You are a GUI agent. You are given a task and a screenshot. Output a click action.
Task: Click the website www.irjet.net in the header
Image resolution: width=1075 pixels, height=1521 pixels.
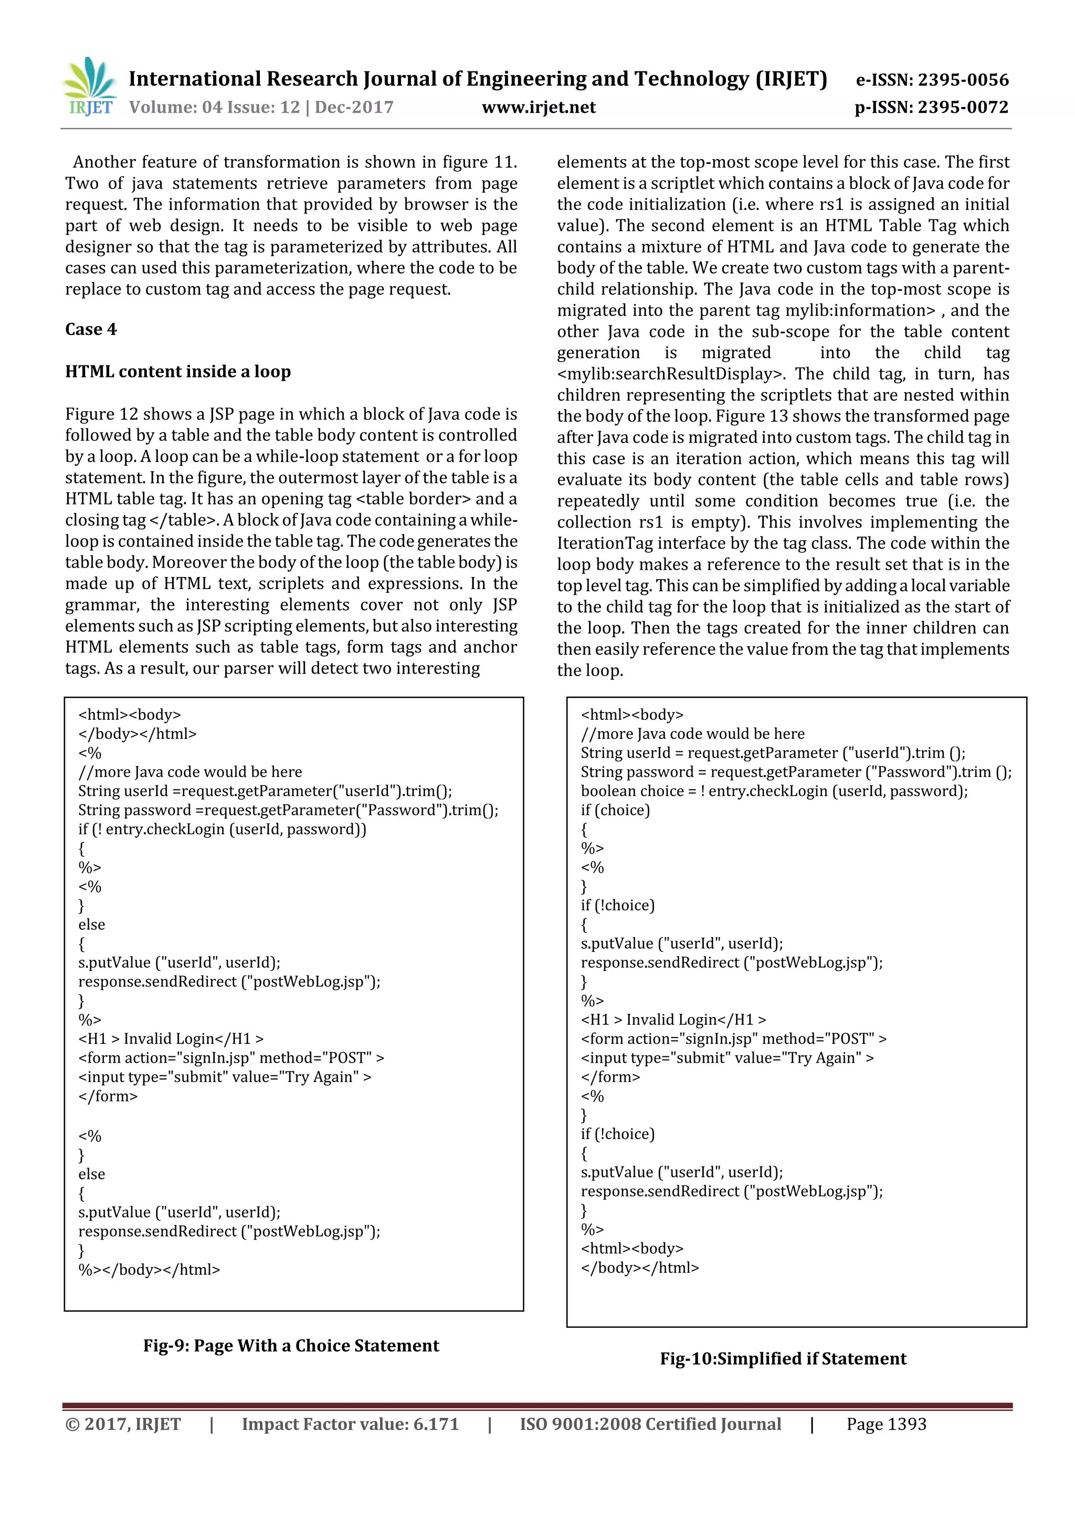coord(539,107)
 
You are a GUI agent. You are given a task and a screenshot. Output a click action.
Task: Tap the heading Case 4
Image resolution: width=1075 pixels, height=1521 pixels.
coord(91,329)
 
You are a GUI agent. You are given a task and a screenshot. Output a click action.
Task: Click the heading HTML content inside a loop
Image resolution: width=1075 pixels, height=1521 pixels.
coord(177,372)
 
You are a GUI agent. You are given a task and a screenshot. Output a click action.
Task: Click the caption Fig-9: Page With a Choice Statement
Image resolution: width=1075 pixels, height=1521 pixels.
coord(291,1346)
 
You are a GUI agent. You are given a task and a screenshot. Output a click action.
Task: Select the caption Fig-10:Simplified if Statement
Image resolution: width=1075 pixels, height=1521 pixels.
coord(783,1359)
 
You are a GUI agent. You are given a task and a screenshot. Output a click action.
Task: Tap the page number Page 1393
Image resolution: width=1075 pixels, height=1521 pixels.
coord(886,1424)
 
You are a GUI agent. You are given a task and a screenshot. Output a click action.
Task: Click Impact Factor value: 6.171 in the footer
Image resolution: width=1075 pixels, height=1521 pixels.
coord(350,1424)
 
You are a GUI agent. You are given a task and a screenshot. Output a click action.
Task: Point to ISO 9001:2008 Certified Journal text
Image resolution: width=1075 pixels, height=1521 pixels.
coord(650,1424)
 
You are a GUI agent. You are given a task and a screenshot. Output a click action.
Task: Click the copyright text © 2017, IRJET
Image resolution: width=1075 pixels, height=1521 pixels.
coord(123,1424)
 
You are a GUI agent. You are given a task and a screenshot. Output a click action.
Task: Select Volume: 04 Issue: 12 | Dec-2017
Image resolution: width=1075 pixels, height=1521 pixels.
coord(261,107)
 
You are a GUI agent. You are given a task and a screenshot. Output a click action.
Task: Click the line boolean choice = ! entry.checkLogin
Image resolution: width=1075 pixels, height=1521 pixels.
coord(774,791)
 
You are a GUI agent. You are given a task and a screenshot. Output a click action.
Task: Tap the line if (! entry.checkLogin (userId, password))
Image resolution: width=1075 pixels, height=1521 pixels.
coord(222,830)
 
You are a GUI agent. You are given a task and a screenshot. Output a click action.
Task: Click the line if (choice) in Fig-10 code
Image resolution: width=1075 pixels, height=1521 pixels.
coord(615,810)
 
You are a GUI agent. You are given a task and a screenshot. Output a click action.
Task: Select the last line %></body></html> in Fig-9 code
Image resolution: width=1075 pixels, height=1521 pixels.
coord(149,1270)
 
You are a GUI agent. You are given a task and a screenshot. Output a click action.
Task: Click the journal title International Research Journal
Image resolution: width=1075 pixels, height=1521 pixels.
coord(477,79)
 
